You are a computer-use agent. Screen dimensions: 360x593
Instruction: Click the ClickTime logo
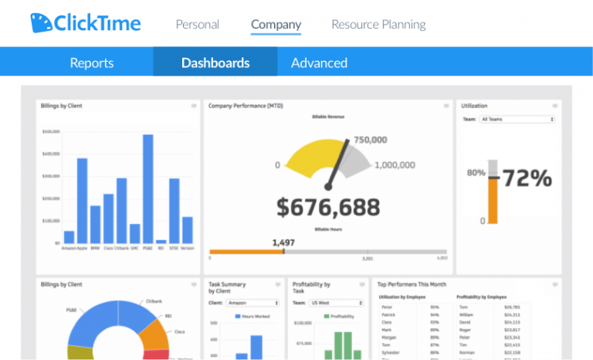point(86,23)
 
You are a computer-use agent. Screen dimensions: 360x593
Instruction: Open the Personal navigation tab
point(198,25)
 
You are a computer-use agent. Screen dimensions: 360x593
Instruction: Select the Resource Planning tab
point(378,25)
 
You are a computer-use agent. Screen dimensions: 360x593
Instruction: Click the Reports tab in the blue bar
point(91,63)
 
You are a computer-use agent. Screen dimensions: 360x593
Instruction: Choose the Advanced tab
point(319,63)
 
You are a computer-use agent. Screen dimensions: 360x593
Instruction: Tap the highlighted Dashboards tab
point(215,63)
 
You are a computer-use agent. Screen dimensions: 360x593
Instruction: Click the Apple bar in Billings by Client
point(82,201)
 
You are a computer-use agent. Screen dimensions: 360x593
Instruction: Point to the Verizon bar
point(187,230)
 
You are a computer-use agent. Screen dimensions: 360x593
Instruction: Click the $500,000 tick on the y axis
point(51,132)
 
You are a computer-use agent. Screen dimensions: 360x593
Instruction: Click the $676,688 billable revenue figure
point(328,207)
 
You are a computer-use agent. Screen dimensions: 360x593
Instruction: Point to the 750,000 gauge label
point(371,141)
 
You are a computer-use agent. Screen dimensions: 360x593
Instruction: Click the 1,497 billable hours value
point(283,243)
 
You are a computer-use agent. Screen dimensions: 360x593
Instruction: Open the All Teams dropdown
point(517,120)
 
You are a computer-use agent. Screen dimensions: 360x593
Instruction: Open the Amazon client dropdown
point(253,303)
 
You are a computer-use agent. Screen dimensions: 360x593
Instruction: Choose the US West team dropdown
point(337,303)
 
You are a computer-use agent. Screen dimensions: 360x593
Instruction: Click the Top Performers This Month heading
point(412,284)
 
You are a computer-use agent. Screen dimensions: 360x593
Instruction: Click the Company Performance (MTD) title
point(246,106)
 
